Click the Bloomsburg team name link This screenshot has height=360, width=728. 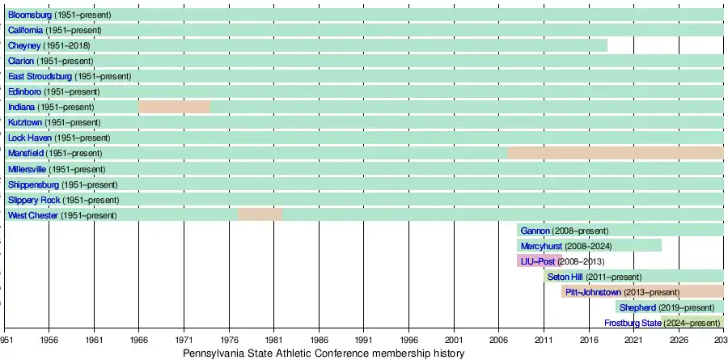tap(30, 15)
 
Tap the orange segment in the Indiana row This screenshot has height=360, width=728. tap(174, 107)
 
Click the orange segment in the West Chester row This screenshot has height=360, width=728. tap(260, 214)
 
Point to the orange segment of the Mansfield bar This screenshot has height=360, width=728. tap(615, 153)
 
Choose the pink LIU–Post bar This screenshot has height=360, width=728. tap(539, 260)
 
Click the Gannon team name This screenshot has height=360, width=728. tap(535, 231)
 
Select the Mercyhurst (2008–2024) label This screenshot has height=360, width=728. tap(570, 246)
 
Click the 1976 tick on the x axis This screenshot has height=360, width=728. tap(229, 341)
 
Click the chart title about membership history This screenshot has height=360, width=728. tap(324, 354)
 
